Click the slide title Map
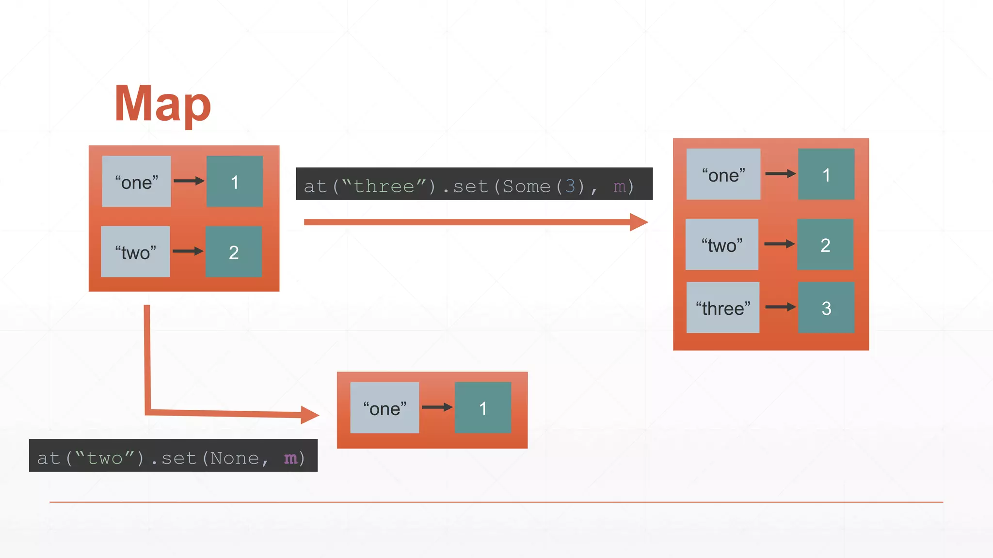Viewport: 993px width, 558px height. [x=162, y=104]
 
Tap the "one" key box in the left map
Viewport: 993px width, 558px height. [x=136, y=182]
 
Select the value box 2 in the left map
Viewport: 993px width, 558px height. [x=234, y=252]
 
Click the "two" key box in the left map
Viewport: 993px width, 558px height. [x=135, y=252]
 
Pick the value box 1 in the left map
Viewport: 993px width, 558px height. [x=235, y=182]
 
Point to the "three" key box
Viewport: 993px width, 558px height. [x=723, y=308]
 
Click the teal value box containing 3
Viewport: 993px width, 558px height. [x=826, y=308]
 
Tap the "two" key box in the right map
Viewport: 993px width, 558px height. [x=722, y=245]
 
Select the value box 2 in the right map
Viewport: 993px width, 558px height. [x=825, y=245]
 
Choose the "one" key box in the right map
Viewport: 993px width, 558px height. [x=723, y=174]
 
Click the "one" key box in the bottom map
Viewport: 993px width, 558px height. [x=384, y=408]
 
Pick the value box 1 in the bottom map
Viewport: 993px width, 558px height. [x=483, y=408]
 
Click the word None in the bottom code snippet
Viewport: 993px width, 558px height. [x=235, y=458]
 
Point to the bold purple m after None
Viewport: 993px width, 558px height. [x=290, y=458]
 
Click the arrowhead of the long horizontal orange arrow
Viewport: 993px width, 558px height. [x=639, y=222]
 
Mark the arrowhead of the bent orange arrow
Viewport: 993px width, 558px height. [x=309, y=415]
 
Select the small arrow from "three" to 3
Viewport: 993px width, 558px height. [x=780, y=307]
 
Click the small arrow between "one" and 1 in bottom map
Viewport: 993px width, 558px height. [x=437, y=407]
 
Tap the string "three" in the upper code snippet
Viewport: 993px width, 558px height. [x=384, y=186]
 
